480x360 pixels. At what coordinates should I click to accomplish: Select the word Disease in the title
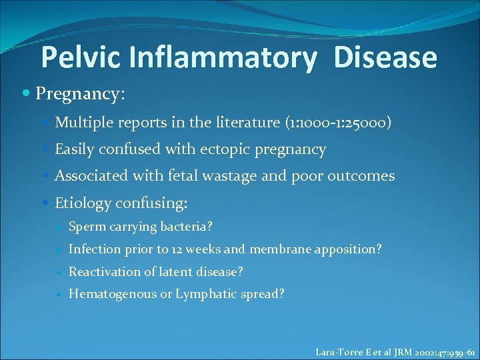[385, 58]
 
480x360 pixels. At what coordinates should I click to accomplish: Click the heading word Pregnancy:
[80, 94]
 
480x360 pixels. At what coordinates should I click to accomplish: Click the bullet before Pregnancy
[26, 94]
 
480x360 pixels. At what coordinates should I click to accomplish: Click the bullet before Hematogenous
[60, 295]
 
